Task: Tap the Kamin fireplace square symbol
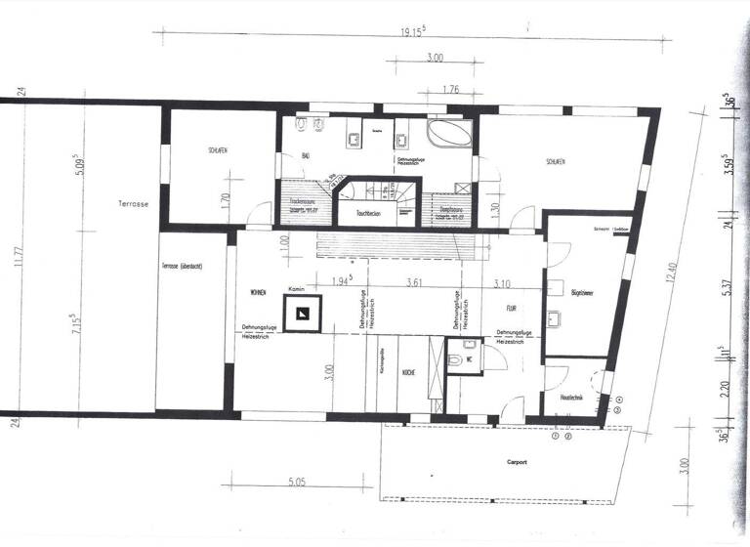pyautogui.click(x=303, y=313)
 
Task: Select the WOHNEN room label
pyautogui.click(x=258, y=292)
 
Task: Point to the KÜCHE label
pyautogui.click(x=410, y=372)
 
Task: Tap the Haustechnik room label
pyautogui.click(x=571, y=398)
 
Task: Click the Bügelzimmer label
pyautogui.click(x=584, y=291)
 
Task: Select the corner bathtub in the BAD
pyautogui.click(x=448, y=134)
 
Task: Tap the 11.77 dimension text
pyautogui.click(x=17, y=257)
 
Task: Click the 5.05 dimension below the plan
pyautogui.click(x=299, y=482)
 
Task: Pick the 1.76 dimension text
pyautogui.click(x=449, y=91)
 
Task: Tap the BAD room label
pyautogui.click(x=305, y=156)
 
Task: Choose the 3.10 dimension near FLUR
pyautogui.click(x=504, y=283)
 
